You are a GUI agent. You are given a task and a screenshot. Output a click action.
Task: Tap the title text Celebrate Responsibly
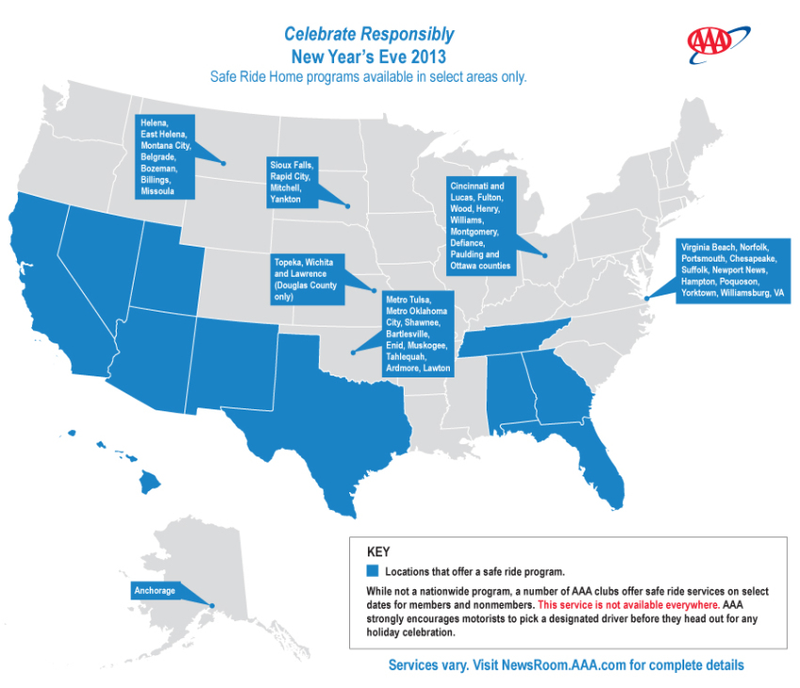tap(369, 35)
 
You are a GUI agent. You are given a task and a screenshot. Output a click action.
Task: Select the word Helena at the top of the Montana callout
tap(154, 122)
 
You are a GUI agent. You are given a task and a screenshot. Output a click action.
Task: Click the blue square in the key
tap(373, 571)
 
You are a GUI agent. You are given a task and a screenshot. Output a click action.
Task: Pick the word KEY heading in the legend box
tap(376, 552)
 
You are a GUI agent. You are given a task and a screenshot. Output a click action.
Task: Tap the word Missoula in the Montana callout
tap(157, 190)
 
